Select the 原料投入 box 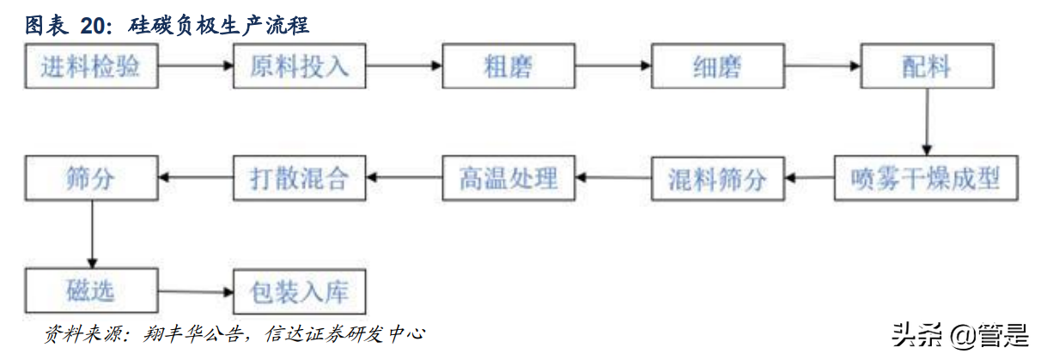click(300, 67)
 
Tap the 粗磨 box click(508, 67)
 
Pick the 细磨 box click(717, 67)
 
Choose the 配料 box click(926, 67)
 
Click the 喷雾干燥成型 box click(926, 179)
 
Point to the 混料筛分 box click(717, 179)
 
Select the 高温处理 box click(508, 179)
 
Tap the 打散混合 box click(300, 179)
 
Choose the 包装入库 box click(300, 291)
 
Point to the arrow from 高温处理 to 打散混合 click(404, 178)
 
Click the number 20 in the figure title click(94, 26)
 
